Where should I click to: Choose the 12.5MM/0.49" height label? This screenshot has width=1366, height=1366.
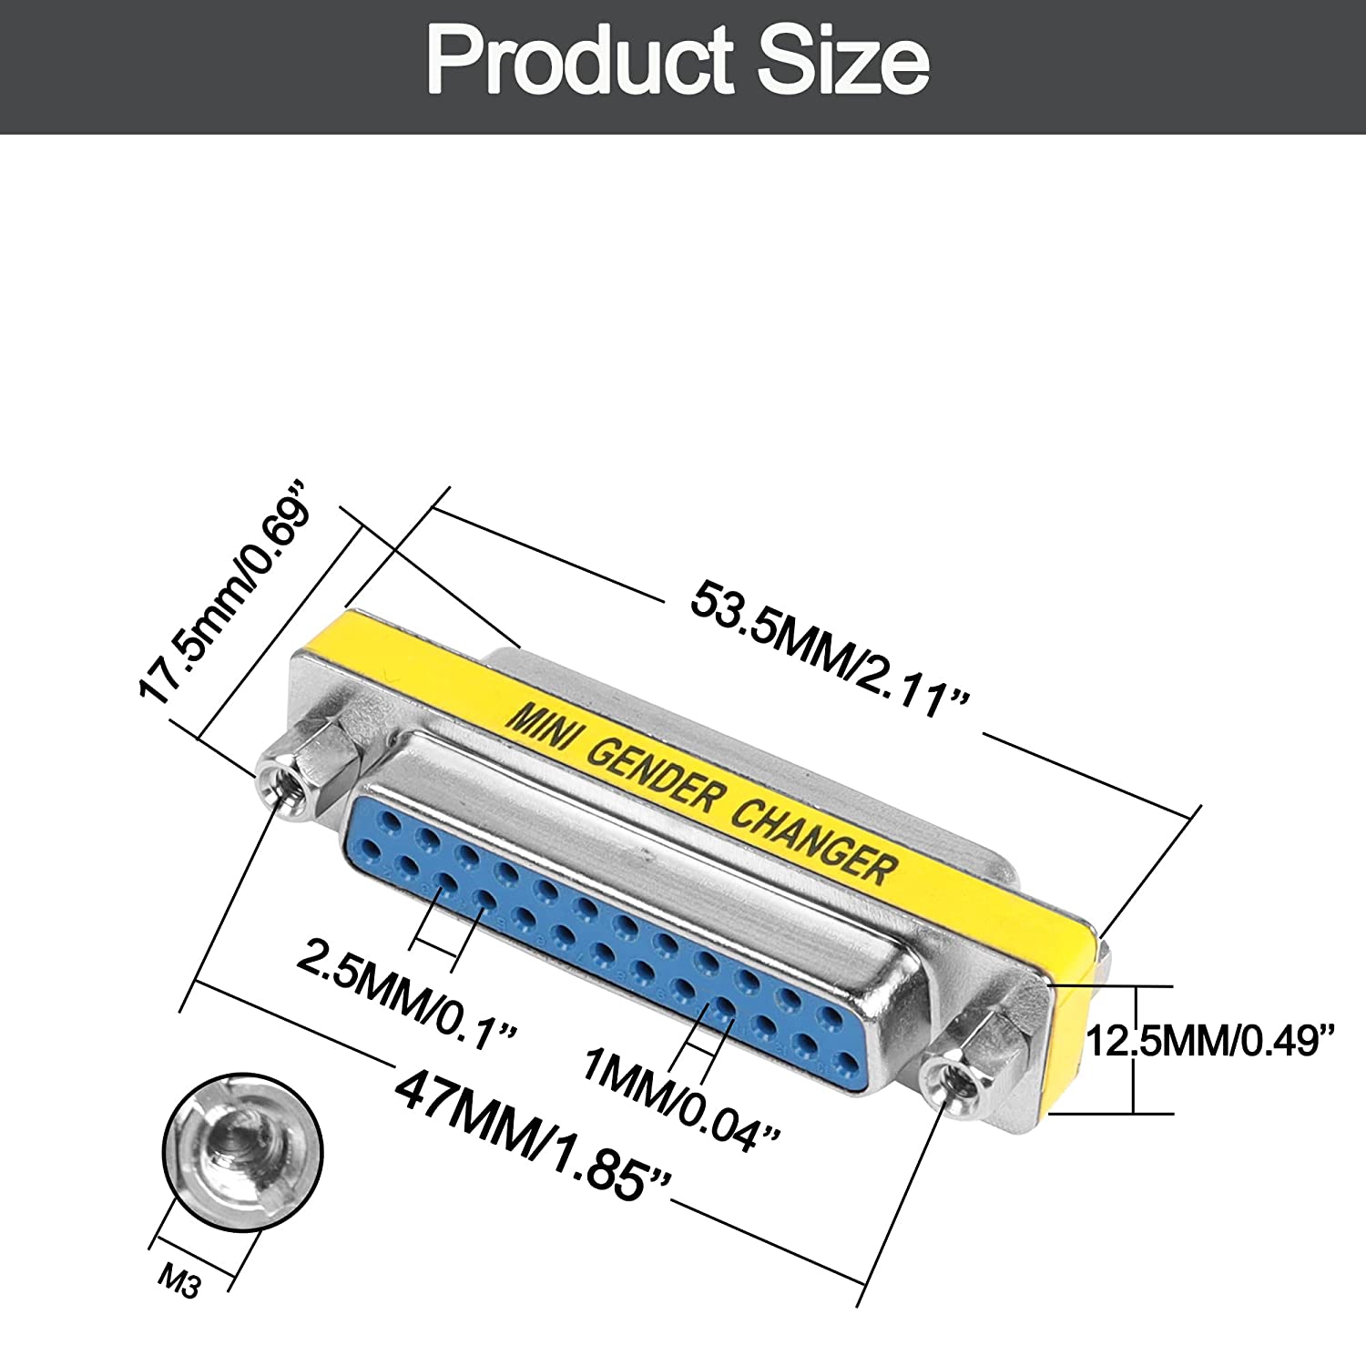1210,1040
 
